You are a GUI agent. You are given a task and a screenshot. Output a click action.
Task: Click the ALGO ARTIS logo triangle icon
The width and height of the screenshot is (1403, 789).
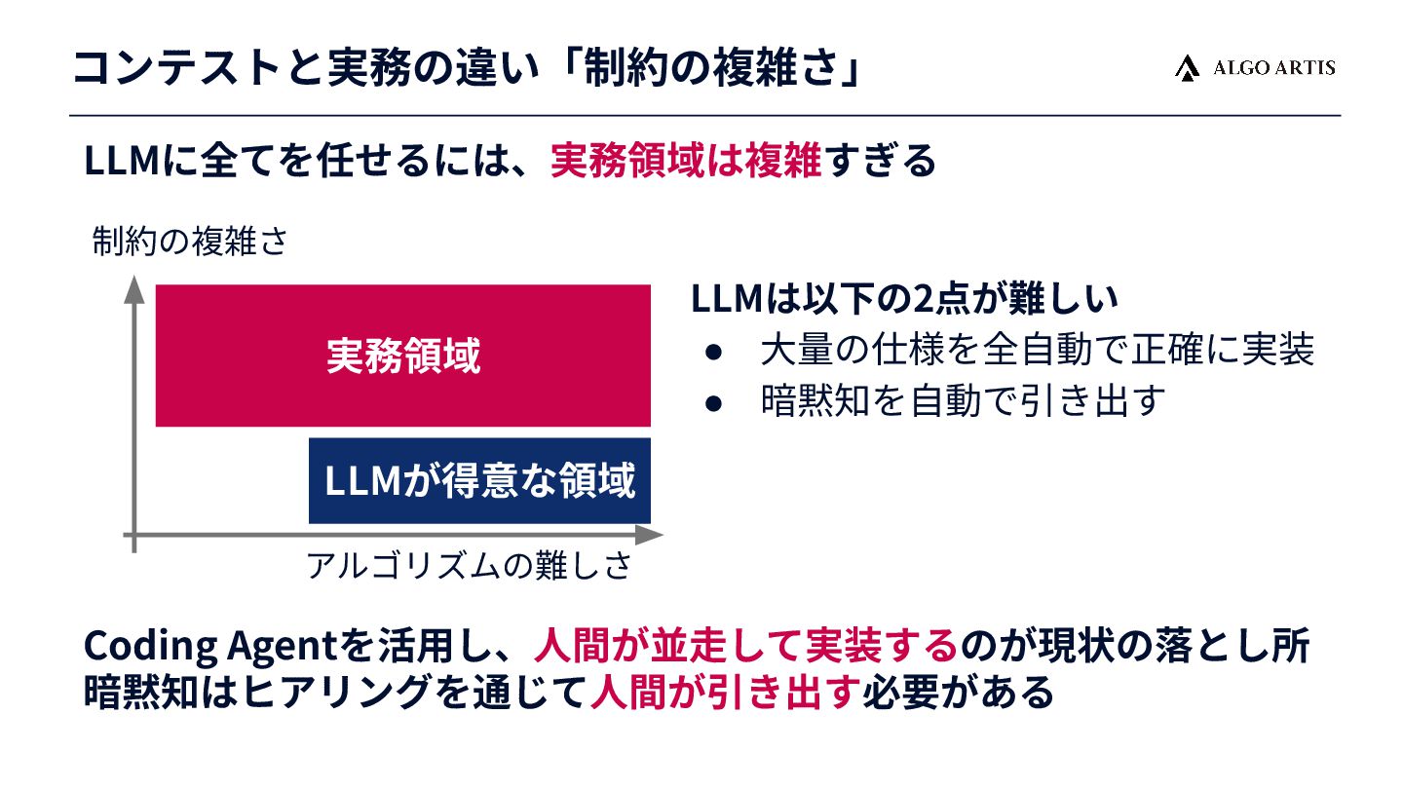tap(1186, 67)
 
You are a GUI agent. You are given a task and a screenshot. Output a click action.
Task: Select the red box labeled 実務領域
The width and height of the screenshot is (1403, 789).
tap(402, 357)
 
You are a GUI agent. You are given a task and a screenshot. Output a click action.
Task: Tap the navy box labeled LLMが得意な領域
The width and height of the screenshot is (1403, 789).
tap(479, 481)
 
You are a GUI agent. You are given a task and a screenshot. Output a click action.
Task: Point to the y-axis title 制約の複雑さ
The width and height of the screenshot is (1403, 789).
tap(190, 242)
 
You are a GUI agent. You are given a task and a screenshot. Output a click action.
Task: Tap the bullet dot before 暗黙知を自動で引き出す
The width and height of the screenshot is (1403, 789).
tap(713, 401)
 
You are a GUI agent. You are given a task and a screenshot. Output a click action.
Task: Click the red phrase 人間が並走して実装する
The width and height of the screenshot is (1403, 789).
tap(746, 645)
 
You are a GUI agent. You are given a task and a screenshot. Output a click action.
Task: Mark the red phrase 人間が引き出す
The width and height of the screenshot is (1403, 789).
tap(726, 693)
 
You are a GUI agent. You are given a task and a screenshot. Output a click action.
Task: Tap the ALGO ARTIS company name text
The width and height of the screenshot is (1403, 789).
tap(1273, 67)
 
